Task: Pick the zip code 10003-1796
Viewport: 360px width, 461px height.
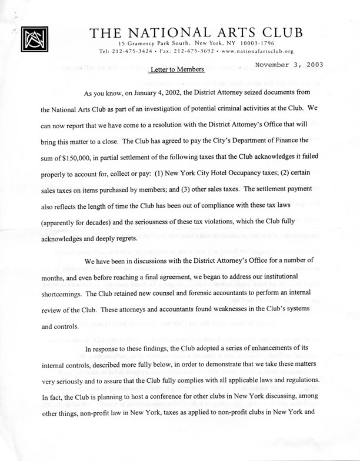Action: click(x=257, y=44)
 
